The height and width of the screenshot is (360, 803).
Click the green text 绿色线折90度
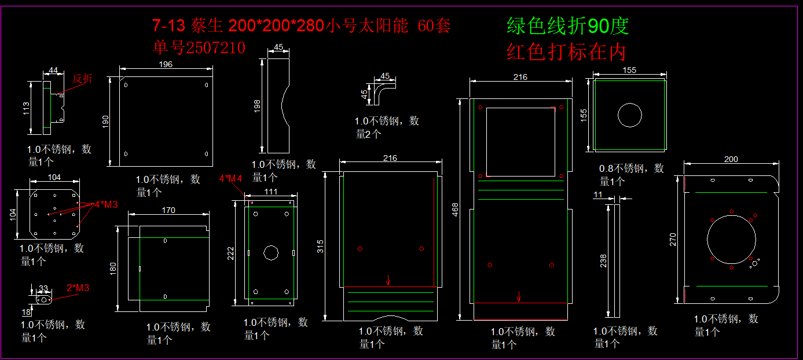tap(567, 26)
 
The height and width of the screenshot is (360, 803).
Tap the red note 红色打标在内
tap(566, 52)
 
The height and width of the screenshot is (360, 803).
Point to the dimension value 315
tap(321, 246)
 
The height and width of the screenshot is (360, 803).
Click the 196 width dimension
tap(165, 64)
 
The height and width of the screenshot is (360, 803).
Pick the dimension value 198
tap(257, 105)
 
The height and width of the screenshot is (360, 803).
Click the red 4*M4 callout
tap(230, 179)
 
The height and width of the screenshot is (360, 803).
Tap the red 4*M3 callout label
tap(107, 204)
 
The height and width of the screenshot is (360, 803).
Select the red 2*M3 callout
tap(78, 288)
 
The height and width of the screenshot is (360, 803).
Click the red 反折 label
tap(82, 79)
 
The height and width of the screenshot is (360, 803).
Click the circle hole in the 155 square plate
tap(629, 115)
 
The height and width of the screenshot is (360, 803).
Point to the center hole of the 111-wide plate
tap(271, 252)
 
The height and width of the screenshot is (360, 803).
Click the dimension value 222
tap(230, 252)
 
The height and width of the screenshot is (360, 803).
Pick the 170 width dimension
tap(168, 210)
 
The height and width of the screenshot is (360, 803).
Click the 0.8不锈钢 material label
tap(631, 168)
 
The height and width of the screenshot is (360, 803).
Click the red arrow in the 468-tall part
tap(519, 296)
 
